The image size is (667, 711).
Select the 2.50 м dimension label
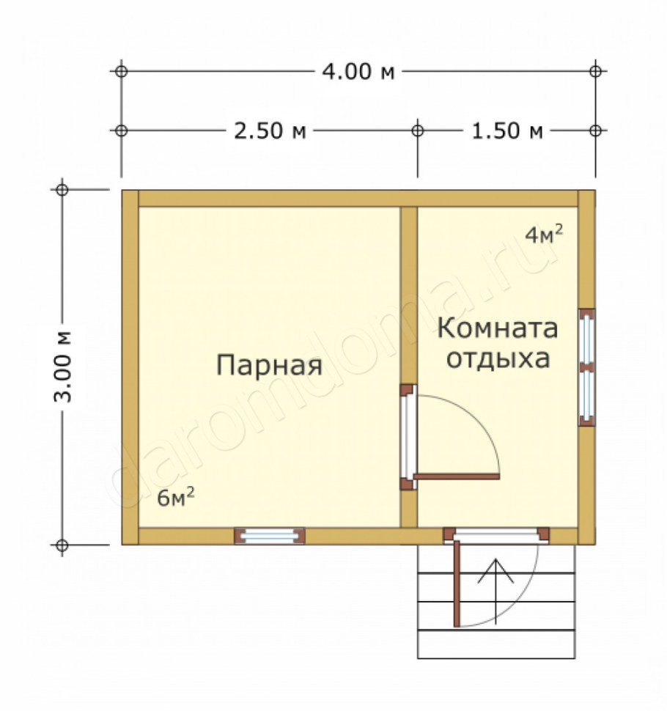point(269,130)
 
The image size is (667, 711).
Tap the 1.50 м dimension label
point(506,130)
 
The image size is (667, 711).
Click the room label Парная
point(269,364)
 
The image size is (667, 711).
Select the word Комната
point(498,329)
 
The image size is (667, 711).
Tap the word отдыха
point(498,361)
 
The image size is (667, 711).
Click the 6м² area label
point(176,498)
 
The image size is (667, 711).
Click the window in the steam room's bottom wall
point(269,536)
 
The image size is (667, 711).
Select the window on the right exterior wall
point(586,367)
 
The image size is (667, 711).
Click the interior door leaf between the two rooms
point(456,476)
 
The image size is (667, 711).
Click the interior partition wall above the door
point(409,293)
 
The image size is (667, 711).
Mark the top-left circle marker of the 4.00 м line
point(121,71)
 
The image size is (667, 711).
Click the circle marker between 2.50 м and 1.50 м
point(417,130)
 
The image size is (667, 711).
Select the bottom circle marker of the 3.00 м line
point(63,545)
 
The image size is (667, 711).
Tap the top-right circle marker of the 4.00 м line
point(596,71)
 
